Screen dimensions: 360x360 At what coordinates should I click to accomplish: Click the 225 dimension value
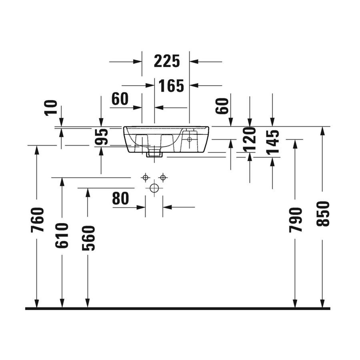167,61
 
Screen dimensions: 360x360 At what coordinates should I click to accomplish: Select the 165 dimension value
171,85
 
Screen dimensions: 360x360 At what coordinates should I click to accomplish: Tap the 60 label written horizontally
120,99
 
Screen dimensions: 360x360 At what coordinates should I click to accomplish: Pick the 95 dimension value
102,137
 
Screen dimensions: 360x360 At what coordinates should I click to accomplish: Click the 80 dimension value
120,199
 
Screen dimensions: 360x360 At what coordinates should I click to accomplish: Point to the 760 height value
37,220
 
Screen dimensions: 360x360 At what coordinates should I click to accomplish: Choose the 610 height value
62,236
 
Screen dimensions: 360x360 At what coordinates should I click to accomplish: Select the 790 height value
295,220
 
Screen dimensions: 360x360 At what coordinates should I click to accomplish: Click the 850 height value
322,214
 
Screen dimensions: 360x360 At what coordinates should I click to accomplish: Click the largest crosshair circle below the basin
154,188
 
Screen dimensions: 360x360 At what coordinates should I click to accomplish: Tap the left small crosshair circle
146,177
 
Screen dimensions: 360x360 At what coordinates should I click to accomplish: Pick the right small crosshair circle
162,177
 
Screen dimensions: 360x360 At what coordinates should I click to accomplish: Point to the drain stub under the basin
154,153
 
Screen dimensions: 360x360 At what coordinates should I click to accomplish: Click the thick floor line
178,308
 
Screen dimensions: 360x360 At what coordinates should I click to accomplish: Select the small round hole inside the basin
190,140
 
